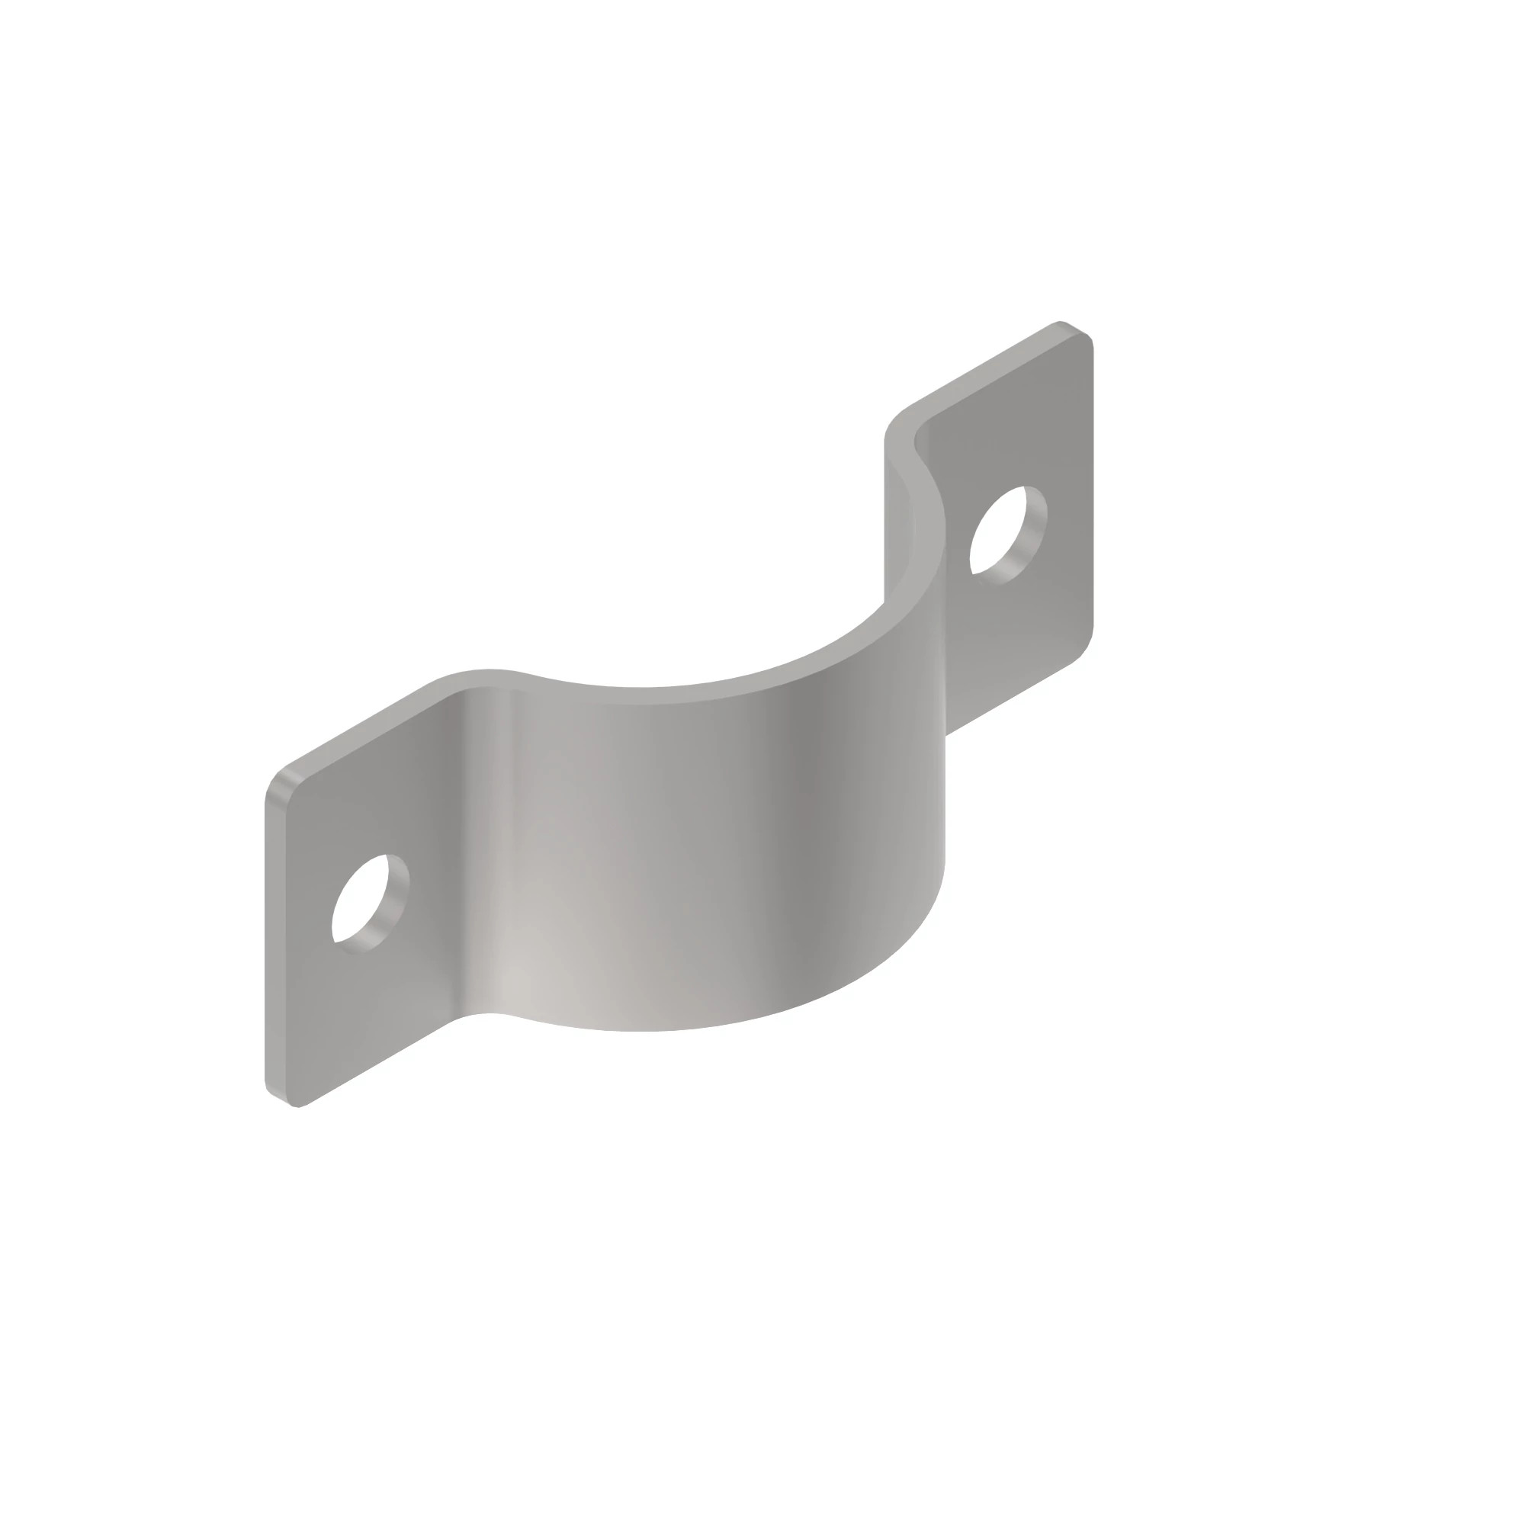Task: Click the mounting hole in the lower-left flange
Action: point(364,902)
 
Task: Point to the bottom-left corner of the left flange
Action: point(276,1097)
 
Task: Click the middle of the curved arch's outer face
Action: point(711,852)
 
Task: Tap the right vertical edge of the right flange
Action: point(1093,490)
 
